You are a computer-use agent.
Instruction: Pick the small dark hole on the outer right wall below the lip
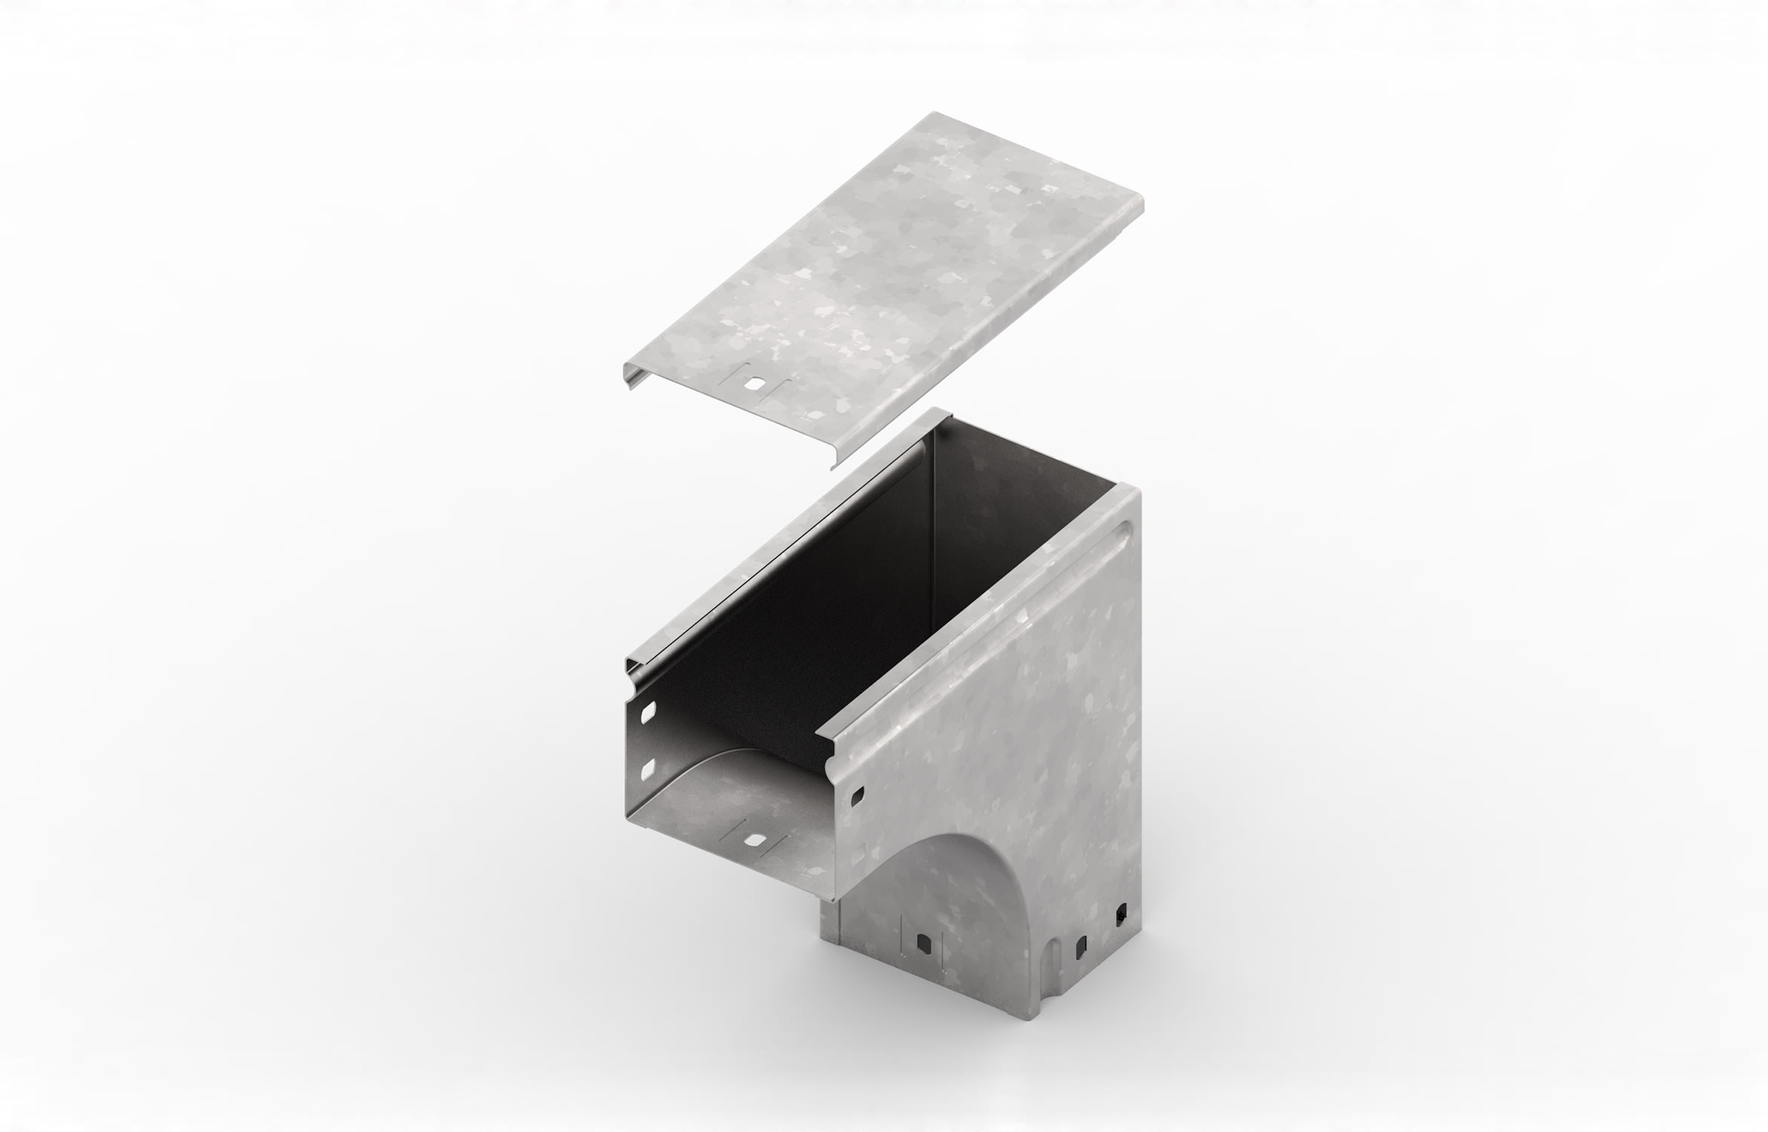coord(857,795)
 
